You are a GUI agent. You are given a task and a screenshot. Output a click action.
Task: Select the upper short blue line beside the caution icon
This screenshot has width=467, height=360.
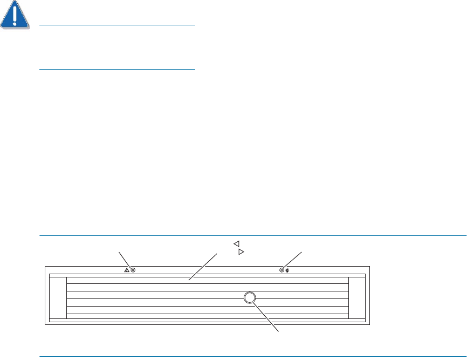tap(117, 25)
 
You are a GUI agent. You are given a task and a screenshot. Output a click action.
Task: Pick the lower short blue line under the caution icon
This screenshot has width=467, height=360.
tap(117, 69)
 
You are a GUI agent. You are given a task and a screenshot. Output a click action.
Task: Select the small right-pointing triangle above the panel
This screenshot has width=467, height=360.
tap(241, 252)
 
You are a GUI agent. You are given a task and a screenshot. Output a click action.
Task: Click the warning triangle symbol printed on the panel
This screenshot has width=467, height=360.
tap(127, 269)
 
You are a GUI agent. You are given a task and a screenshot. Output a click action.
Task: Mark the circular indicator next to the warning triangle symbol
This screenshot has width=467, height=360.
tap(133, 269)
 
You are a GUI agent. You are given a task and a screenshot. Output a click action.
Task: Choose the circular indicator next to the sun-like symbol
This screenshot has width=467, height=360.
tap(281, 269)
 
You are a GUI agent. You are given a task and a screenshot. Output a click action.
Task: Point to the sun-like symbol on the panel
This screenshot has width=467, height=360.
tap(288, 269)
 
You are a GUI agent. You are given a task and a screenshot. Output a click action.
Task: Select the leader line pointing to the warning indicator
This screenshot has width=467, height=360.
tap(123, 259)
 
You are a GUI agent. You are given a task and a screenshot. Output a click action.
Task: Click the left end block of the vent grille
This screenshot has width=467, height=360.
tap(58, 297)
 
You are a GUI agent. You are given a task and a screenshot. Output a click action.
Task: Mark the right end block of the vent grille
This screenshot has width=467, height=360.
tap(357, 297)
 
